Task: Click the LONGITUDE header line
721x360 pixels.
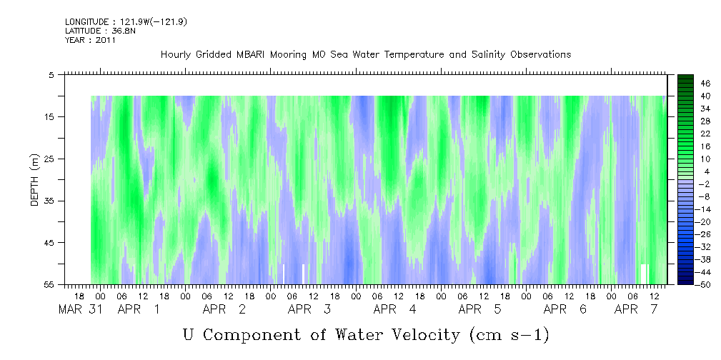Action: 126,21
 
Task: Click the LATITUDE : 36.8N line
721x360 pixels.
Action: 100,31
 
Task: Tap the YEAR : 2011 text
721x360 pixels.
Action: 91,40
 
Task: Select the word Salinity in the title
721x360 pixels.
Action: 487,55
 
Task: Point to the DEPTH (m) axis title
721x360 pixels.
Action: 35,180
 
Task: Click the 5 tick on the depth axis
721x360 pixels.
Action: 51,75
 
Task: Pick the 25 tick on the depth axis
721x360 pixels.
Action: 48,159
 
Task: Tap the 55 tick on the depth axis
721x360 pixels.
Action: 48,284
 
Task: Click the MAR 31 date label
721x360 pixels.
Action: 81,309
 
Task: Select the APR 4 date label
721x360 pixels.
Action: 394,309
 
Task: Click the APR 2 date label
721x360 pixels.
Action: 224,309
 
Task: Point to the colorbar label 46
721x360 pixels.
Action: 705,84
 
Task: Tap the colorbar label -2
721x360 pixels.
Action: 704,184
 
